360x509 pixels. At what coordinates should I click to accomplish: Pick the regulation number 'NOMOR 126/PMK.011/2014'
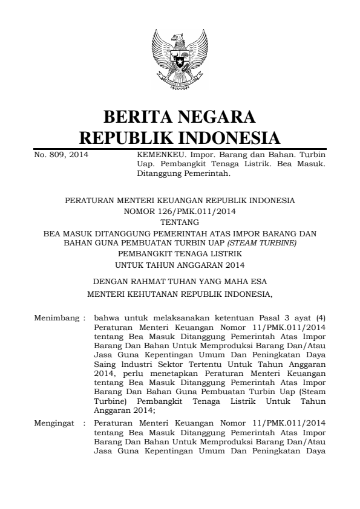pos(180,212)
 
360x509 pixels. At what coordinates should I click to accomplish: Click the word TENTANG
pos(180,222)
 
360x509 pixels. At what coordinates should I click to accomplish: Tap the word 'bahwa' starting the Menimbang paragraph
pos(108,317)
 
